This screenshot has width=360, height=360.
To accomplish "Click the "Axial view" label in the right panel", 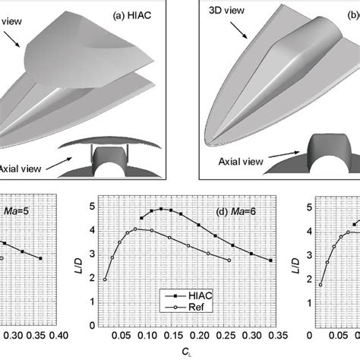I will coord(235,162).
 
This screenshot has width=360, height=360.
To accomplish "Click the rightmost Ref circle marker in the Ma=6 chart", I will coord(229,261).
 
